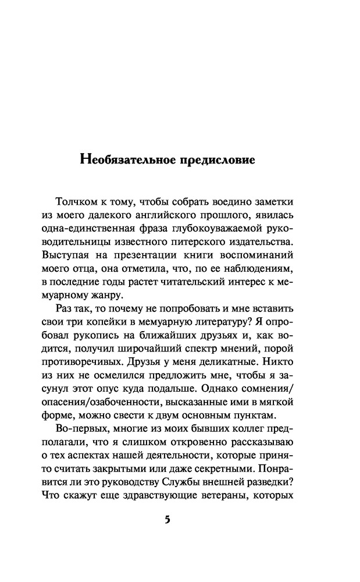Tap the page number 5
click(167, 520)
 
